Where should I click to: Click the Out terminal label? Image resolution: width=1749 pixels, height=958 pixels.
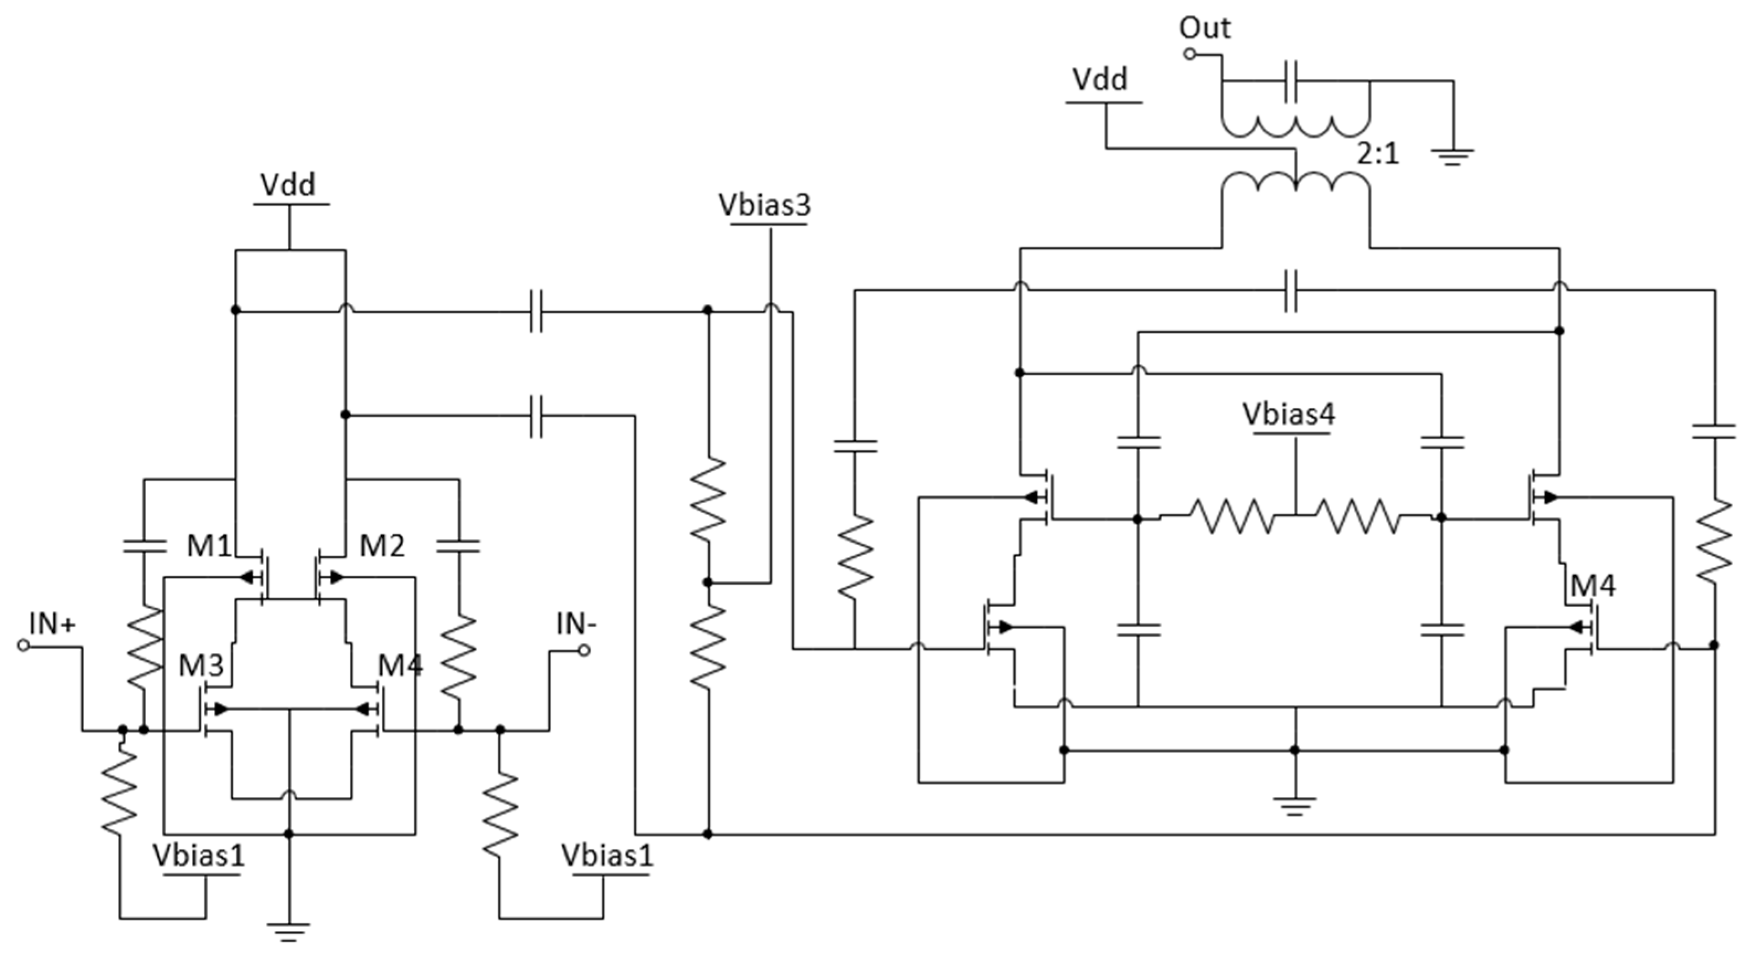coord(1205,29)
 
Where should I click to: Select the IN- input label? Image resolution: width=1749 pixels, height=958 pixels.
coord(576,624)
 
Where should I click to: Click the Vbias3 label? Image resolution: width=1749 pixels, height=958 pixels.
coord(765,205)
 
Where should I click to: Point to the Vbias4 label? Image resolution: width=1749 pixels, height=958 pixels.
coord(1289,414)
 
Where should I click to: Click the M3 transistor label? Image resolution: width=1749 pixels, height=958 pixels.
coord(201,666)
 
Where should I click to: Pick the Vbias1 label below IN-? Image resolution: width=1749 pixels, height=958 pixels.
coord(607,855)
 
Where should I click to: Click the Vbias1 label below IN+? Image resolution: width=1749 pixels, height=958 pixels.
coord(198,855)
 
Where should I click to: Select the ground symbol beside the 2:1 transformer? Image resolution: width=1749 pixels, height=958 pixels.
coord(1453,157)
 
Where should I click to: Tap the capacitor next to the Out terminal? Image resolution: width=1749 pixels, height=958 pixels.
coord(1291,82)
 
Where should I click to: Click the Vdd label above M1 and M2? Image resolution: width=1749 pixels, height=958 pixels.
coord(288,184)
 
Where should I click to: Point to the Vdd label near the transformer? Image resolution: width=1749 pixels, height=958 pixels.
coord(1100,80)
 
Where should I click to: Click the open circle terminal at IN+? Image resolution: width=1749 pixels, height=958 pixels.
coord(23,645)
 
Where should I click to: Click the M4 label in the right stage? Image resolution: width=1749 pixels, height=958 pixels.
coord(1593,585)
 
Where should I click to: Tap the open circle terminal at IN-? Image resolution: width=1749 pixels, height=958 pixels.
coord(584,650)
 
